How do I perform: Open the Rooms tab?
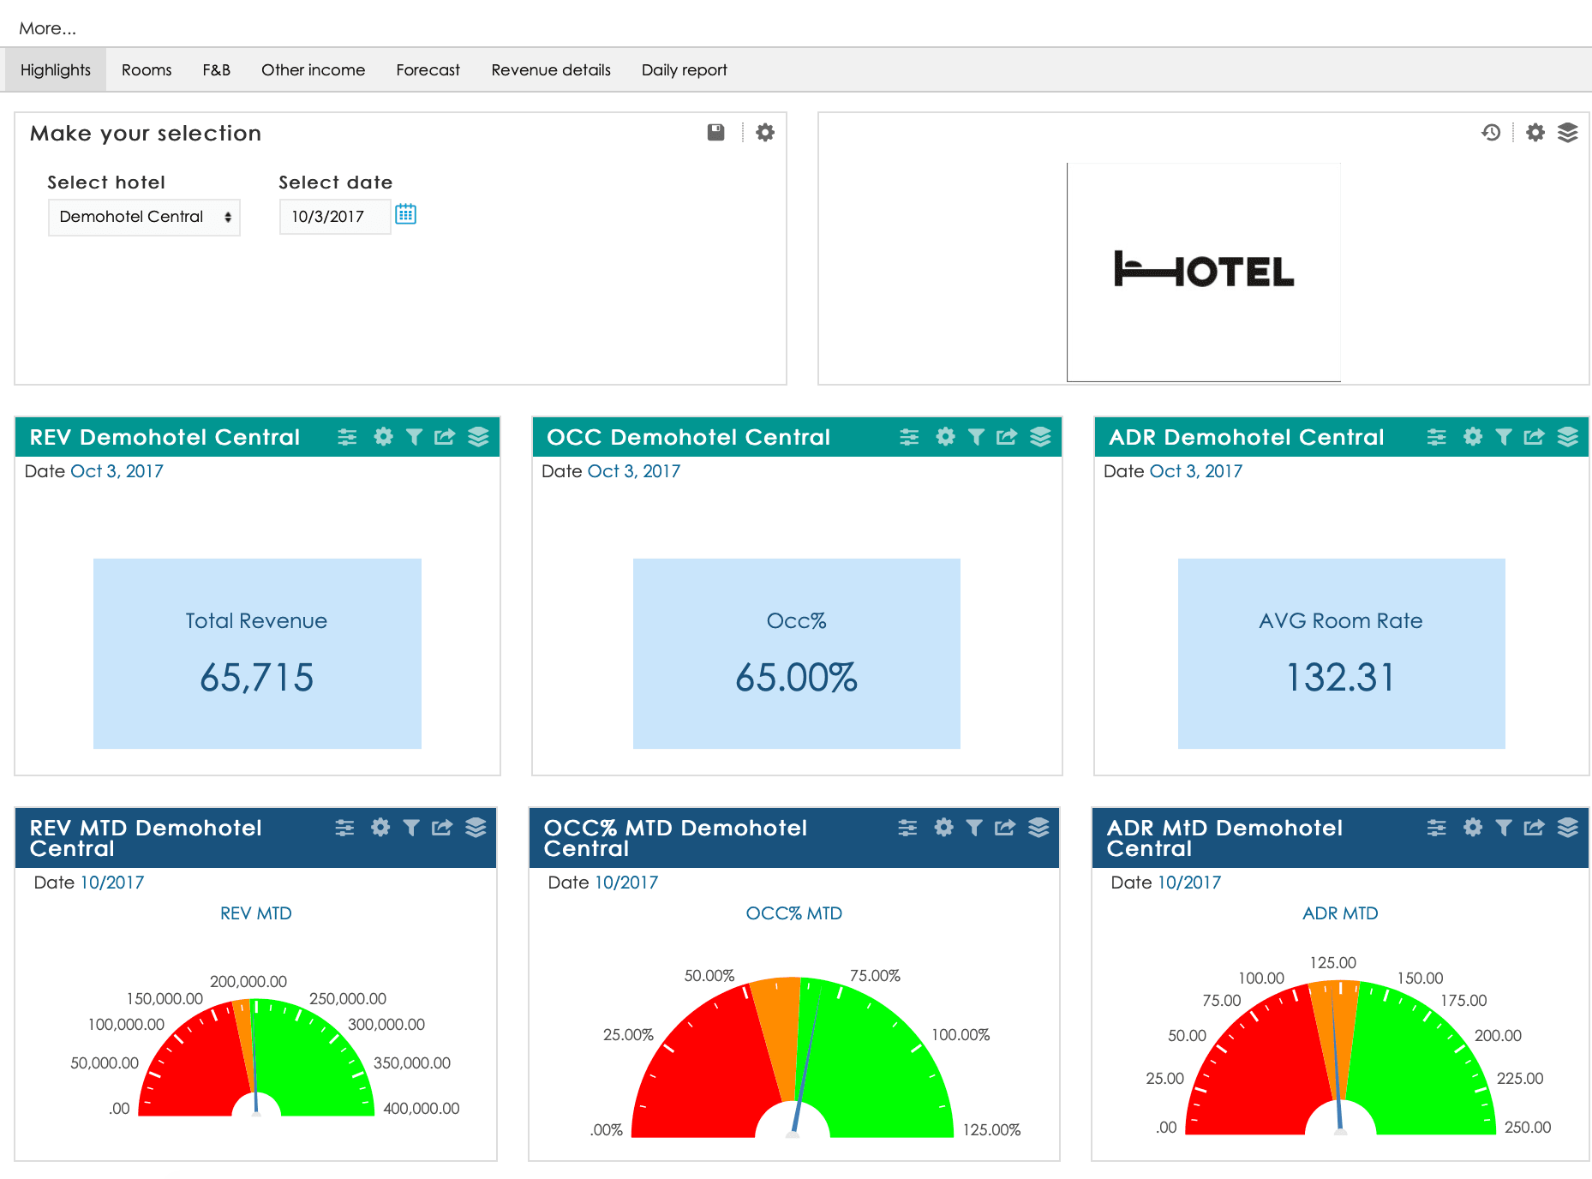[x=147, y=70]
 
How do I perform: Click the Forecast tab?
[x=428, y=70]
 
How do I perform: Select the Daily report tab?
[x=684, y=70]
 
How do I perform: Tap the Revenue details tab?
[x=551, y=70]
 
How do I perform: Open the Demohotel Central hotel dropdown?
[x=144, y=217]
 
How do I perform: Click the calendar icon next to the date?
[x=405, y=214]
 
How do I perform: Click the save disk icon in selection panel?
[x=715, y=132]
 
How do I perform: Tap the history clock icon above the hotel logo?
[x=1491, y=132]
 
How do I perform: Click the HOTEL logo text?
[x=1204, y=271]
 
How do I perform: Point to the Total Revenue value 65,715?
[x=256, y=678]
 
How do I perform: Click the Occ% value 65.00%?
[x=796, y=678]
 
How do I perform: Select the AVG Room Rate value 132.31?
[x=1341, y=678]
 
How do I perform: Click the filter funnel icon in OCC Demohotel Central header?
[x=976, y=437]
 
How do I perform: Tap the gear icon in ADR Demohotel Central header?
[x=1472, y=437]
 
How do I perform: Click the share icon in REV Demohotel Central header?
[x=445, y=437]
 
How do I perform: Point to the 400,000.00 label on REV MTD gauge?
[x=421, y=1109]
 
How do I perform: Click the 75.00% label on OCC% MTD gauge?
[x=875, y=976]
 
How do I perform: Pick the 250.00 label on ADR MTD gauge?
[x=1527, y=1128]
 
